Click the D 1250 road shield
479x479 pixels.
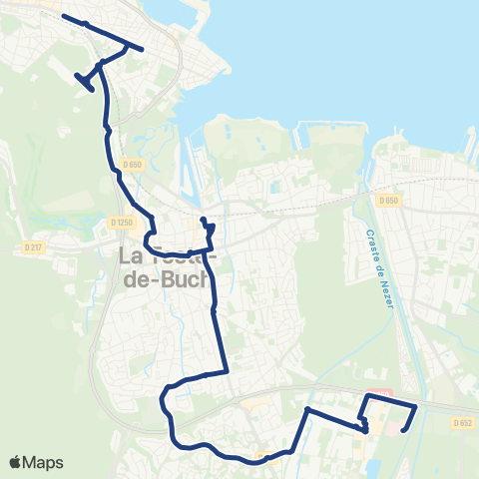[x=122, y=223]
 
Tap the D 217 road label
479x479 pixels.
[x=32, y=244]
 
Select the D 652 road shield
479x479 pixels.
[x=462, y=422]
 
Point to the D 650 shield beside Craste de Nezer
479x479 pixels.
[x=389, y=201]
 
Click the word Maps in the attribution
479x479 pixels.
[x=44, y=462]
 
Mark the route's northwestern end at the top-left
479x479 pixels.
[x=63, y=16]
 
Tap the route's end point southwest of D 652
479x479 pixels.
[x=403, y=430]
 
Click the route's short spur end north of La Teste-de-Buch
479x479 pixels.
[x=203, y=219]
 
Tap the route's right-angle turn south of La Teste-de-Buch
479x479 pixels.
[x=229, y=371]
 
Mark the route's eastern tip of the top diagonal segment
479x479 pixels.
[x=143, y=49]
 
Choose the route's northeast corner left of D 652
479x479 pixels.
[x=415, y=405]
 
